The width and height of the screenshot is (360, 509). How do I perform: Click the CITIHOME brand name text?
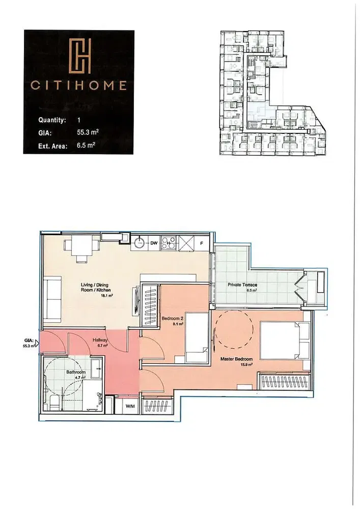[x=79, y=86]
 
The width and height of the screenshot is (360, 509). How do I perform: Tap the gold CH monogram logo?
[x=79, y=56]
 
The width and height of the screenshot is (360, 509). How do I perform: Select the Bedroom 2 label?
[x=172, y=319]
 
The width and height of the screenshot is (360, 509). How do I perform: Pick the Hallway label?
[x=99, y=341]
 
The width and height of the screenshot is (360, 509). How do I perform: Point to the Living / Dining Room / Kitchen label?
[x=95, y=287]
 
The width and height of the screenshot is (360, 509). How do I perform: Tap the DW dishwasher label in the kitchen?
[x=153, y=244]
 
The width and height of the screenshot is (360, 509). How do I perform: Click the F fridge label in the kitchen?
[x=202, y=244]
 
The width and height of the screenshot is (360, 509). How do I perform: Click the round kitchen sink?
[x=139, y=243]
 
